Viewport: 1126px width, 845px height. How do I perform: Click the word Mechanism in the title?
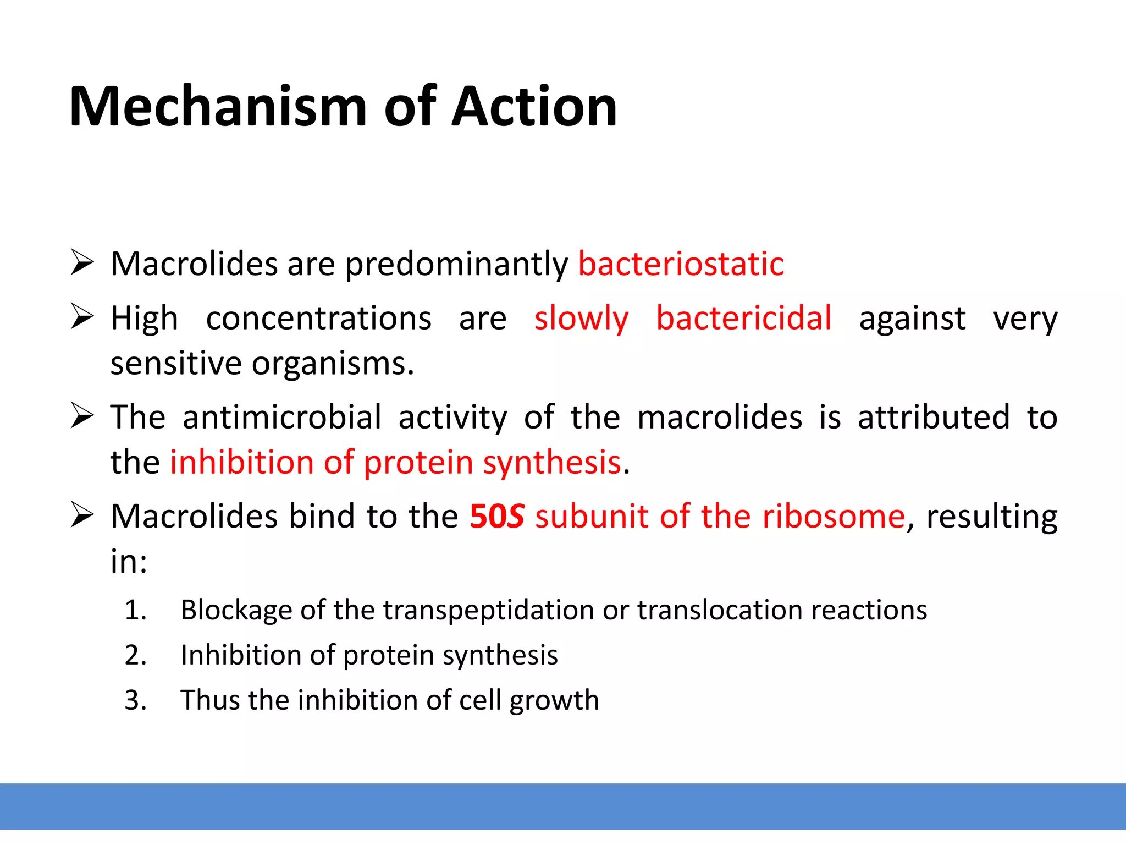click(x=218, y=107)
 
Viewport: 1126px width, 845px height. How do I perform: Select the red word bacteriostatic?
click(x=681, y=264)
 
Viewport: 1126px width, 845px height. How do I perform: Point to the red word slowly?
click(x=581, y=319)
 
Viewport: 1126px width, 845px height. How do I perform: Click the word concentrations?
click(x=319, y=319)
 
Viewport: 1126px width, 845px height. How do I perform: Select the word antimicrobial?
click(x=282, y=417)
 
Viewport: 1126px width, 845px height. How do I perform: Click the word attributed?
click(x=934, y=417)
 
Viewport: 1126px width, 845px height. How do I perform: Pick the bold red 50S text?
click(x=496, y=517)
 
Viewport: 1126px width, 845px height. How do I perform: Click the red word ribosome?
click(x=834, y=517)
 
